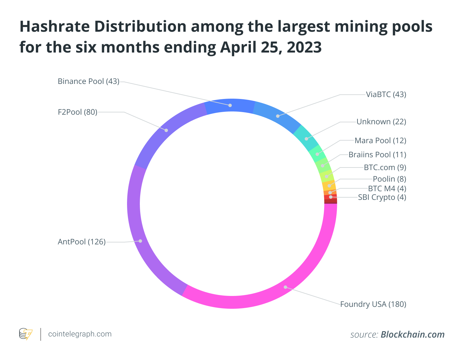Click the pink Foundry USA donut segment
(x=285, y=287)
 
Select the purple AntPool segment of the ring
(x=140, y=241)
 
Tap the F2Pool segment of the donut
(x=166, y=130)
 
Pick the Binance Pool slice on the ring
(x=230, y=105)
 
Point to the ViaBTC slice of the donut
(x=278, y=116)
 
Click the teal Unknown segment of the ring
(x=306, y=139)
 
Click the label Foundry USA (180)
(x=373, y=304)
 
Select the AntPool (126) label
(x=82, y=242)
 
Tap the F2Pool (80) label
(x=77, y=112)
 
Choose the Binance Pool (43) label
(x=88, y=81)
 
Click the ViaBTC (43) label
(x=386, y=94)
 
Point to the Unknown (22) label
(x=381, y=122)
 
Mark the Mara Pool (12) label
(x=380, y=141)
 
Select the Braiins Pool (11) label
(x=377, y=155)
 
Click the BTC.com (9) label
(x=385, y=168)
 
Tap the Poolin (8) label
(x=389, y=179)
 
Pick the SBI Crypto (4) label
(x=382, y=197)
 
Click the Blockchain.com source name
(x=412, y=335)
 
